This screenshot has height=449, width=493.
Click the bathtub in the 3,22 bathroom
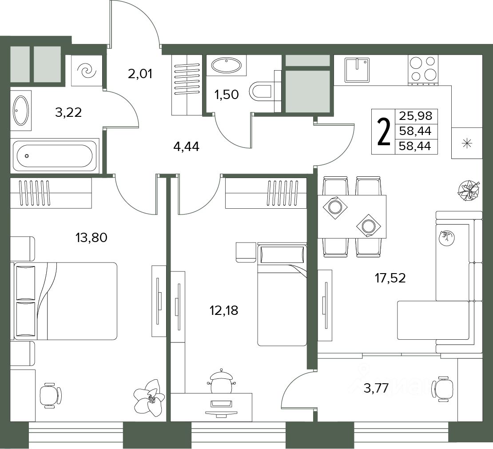[x=55, y=155]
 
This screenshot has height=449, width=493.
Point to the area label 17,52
[x=390, y=278]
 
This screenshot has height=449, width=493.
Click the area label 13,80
[x=91, y=238]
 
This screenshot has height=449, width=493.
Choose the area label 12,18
[x=224, y=310]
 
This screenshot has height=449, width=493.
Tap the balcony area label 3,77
[x=376, y=388]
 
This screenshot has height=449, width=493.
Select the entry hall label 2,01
[x=140, y=74]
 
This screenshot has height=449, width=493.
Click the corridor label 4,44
[x=186, y=147]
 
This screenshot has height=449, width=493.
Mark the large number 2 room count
[x=383, y=131]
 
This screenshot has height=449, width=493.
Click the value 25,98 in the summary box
[x=416, y=116]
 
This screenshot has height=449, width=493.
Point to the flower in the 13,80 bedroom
[x=149, y=397]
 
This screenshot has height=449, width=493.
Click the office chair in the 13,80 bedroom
[x=51, y=395]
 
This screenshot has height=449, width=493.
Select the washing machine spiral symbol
[x=87, y=71]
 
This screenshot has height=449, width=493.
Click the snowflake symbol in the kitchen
[x=467, y=143]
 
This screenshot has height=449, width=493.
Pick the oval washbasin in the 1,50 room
[x=227, y=65]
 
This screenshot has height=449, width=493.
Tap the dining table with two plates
[x=352, y=217]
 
